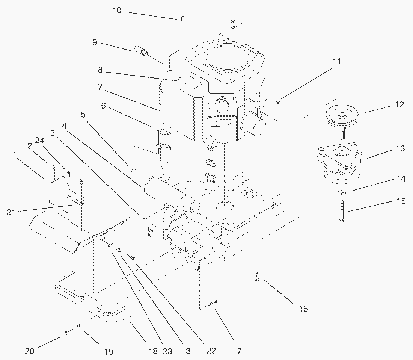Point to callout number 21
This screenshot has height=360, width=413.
pos(11,212)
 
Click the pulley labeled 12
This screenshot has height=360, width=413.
pos(342,115)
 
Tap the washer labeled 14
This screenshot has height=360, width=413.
pos(342,193)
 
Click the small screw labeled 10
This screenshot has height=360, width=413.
pos(182,18)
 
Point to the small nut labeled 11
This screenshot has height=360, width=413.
pos(278,102)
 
